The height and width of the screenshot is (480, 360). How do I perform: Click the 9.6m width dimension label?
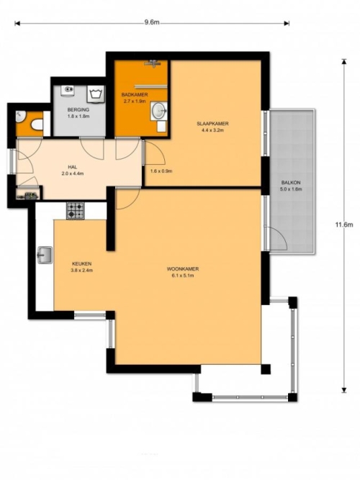click(152, 23)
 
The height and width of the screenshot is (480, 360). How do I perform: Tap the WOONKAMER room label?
click(183, 269)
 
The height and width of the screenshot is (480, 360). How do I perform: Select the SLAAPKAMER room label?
click(212, 124)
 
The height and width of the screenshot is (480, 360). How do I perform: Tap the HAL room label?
click(73, 167)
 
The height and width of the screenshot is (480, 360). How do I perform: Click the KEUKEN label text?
click(82, 263)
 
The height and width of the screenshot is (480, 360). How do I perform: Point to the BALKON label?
click(291, 183)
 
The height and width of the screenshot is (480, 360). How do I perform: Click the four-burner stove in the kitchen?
click(76, 211)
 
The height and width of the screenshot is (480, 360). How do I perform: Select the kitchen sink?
click(45, 255)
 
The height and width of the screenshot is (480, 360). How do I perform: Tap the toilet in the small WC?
click(37, 125)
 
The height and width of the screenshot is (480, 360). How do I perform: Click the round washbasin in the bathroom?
click(158, 111)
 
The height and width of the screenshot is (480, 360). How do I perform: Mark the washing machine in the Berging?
click(96, 94)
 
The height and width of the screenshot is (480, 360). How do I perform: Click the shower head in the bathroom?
click(153, 63)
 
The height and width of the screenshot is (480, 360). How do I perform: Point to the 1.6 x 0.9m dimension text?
click(161, 171)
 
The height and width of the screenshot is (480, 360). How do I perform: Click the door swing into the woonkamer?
click(128, 199)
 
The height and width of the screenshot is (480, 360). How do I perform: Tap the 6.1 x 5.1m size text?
click(183, 276)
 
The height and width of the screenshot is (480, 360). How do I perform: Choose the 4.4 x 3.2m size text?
click(212, 130)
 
